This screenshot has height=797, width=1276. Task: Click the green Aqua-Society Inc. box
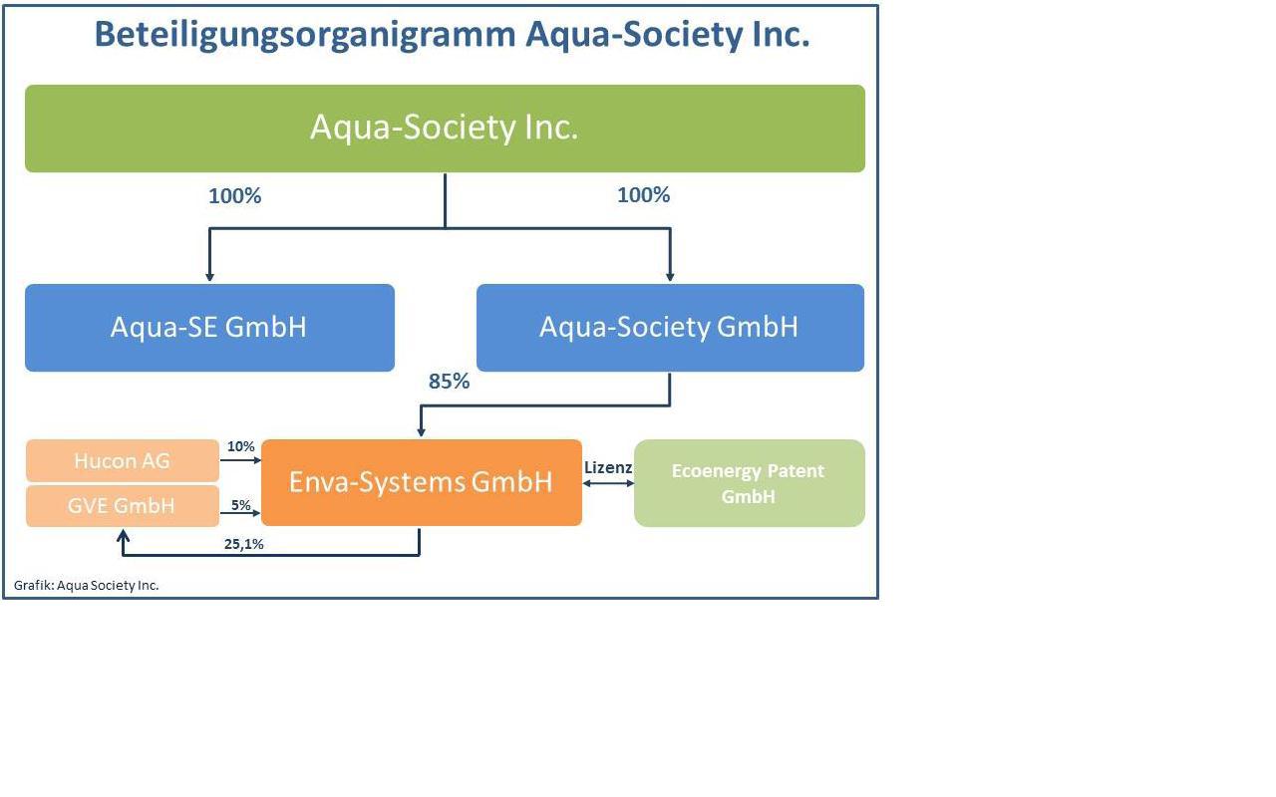(x=445, y=129)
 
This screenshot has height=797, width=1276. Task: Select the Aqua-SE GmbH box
(x=209, y=328)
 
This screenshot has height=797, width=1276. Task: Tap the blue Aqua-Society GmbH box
(x=670, y=328)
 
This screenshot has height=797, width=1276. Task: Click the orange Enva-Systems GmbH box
(x=421, y=482)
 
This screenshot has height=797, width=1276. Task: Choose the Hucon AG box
(x=122, y=460)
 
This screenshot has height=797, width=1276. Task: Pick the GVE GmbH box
(x=122, y=506)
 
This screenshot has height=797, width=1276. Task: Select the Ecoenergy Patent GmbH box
(x=749, y=483)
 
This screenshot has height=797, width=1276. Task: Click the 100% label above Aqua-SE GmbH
(x=235, y=196)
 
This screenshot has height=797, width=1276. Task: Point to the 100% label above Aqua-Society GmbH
(x=644, y=195)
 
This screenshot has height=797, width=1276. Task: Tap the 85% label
(x=450, y=382)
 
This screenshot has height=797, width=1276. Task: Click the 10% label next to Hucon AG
(x=241, y=446)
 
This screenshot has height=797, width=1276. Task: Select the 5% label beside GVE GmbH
(x=241, y=505)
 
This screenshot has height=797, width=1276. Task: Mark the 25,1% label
(x=243, y=544)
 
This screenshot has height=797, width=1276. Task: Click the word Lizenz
(x=608, y=467)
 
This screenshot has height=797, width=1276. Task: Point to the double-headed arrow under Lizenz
(x=608, y=483)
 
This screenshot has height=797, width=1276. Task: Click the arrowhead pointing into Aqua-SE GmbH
(x=209, y=276)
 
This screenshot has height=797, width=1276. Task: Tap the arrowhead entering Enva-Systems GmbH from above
(x=421, y=431)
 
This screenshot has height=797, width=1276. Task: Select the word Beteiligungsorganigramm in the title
(x=303, y=35)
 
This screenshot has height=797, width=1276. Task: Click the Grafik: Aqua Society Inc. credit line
(x=87, y=585)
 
